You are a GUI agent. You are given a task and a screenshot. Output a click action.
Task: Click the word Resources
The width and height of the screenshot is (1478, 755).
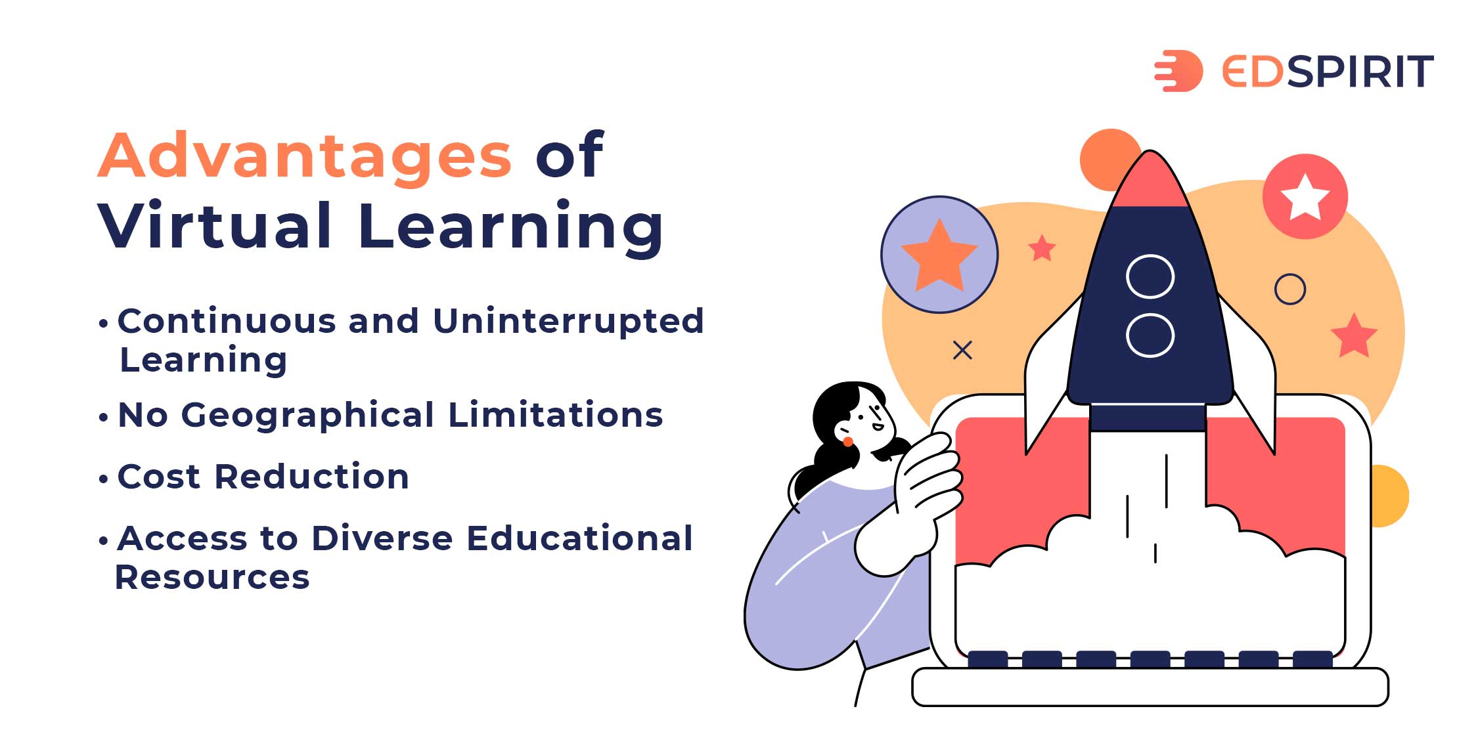212,577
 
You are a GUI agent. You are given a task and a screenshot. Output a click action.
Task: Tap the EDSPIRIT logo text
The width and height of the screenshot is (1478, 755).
1327,71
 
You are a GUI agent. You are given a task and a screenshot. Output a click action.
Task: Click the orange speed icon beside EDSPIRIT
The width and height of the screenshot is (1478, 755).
1178,71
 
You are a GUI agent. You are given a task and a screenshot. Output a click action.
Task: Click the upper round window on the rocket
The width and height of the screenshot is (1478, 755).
1150,276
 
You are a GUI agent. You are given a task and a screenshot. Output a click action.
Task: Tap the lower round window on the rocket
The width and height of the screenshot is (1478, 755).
1150,335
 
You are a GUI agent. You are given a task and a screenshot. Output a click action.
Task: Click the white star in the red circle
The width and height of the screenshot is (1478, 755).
1305,197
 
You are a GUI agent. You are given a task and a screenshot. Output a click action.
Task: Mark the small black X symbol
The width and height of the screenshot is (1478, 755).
962,351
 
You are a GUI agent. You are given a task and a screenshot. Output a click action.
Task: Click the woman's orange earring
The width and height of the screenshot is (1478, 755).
848,442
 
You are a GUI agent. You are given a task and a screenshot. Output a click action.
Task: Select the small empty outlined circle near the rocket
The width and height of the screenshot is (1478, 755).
1290,289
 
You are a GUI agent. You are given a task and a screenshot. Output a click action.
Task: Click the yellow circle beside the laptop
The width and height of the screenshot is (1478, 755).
1391,496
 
